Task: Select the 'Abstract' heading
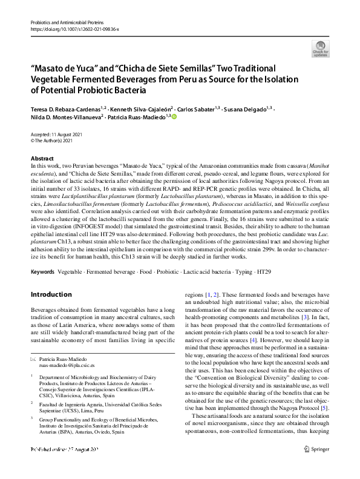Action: (41, 157)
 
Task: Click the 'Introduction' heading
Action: (51, 294)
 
